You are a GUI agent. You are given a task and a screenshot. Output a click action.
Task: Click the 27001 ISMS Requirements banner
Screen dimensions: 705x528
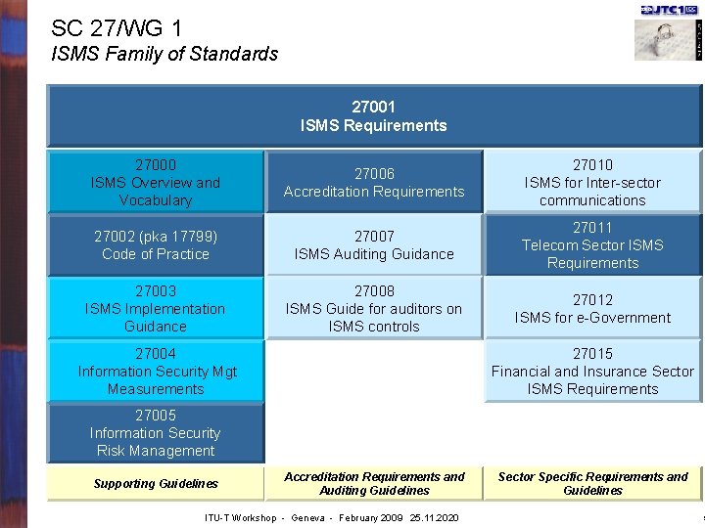click(x=373, y=115)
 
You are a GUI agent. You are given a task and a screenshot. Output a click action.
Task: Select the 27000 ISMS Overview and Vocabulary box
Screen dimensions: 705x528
click(x=156, y=183)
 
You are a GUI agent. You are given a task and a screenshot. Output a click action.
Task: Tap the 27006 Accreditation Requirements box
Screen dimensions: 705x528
click(x=374, y=183)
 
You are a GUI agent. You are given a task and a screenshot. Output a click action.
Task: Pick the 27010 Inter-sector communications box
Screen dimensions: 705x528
click(x=592, y=183)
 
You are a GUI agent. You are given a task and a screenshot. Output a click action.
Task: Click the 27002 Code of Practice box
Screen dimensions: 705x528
click(x=156, y=245)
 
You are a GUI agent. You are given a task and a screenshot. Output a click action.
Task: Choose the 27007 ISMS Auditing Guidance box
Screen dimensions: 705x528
click(x=374, y=245)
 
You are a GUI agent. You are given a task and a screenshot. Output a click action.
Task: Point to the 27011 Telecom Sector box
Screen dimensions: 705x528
click(x=592, y=245)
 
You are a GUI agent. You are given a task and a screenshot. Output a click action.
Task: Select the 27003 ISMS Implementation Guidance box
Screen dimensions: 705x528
click(x=156, y=309)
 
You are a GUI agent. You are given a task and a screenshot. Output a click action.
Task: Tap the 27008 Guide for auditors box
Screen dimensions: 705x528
click(x=374, y=309)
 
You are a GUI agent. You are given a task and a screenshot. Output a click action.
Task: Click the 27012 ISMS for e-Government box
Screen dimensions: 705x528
click(x=592, y=309)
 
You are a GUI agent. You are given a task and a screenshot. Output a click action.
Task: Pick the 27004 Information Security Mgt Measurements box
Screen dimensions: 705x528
click(x=156, y=372)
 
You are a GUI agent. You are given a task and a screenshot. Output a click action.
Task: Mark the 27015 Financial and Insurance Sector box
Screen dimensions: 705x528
click(x=592, y=372)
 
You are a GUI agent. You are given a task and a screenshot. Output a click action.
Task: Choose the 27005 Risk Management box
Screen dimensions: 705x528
click(x=156, y=433)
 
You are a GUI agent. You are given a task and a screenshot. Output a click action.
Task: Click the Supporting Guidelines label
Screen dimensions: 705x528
click(x=156, y=484)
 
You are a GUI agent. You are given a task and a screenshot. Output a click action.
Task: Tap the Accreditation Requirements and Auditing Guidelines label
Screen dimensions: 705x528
click(x=374, y=484)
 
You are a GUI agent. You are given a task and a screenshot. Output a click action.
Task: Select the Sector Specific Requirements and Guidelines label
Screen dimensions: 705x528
click(x=592, y=484)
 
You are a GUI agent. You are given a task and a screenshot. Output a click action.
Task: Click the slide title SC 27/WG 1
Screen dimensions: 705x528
click(x=116, y=29)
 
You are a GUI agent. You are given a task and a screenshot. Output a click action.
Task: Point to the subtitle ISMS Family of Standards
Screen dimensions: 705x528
click(x=164, y=55)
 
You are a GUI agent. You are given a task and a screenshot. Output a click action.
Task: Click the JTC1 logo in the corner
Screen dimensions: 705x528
click(x=668, y=10)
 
